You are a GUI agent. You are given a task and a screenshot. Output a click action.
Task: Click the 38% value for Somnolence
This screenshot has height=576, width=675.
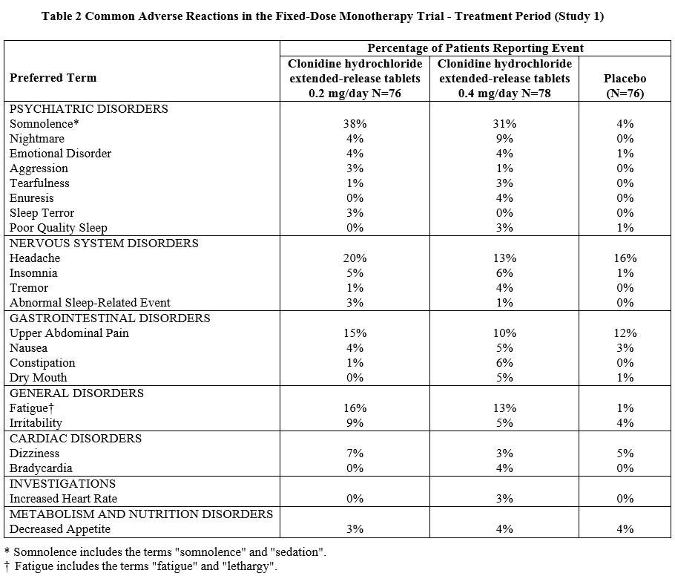tap(355, 124)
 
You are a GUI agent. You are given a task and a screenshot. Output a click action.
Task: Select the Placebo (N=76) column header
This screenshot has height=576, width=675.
tap(625, 85)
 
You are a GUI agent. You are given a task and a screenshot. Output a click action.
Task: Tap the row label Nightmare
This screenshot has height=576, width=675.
tap(37, 139)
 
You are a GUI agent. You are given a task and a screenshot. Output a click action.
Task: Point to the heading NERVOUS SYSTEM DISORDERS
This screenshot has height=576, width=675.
tap(104, 243)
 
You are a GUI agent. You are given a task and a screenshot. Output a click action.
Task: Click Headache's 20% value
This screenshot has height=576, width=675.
tap(355, 258)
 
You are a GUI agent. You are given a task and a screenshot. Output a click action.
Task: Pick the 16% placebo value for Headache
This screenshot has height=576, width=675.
tap(625, 258)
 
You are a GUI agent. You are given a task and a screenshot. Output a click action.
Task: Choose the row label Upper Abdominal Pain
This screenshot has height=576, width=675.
tap(69, 333)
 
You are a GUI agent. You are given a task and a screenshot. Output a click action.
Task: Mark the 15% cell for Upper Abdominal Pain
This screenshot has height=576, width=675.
tap(355, 333)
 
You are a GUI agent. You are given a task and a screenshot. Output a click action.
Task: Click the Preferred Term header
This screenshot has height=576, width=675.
tap(53, 78)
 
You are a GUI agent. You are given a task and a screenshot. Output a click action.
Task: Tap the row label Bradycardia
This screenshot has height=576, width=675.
tap(41, 468)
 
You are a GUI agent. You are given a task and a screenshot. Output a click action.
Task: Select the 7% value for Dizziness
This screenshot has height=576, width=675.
tap(355, 454)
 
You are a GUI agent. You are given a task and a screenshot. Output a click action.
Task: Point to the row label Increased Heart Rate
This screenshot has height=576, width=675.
tap(63, 499)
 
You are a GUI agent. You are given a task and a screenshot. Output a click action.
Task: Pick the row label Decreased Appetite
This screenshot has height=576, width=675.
tap(60, 529)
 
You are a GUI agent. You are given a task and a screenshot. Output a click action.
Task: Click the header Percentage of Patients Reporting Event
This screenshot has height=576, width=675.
tap(475, 48)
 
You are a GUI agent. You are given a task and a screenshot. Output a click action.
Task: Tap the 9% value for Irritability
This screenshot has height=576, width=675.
tap(355, 423)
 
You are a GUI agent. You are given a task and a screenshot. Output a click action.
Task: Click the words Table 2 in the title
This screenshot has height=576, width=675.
tap(62, 16)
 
